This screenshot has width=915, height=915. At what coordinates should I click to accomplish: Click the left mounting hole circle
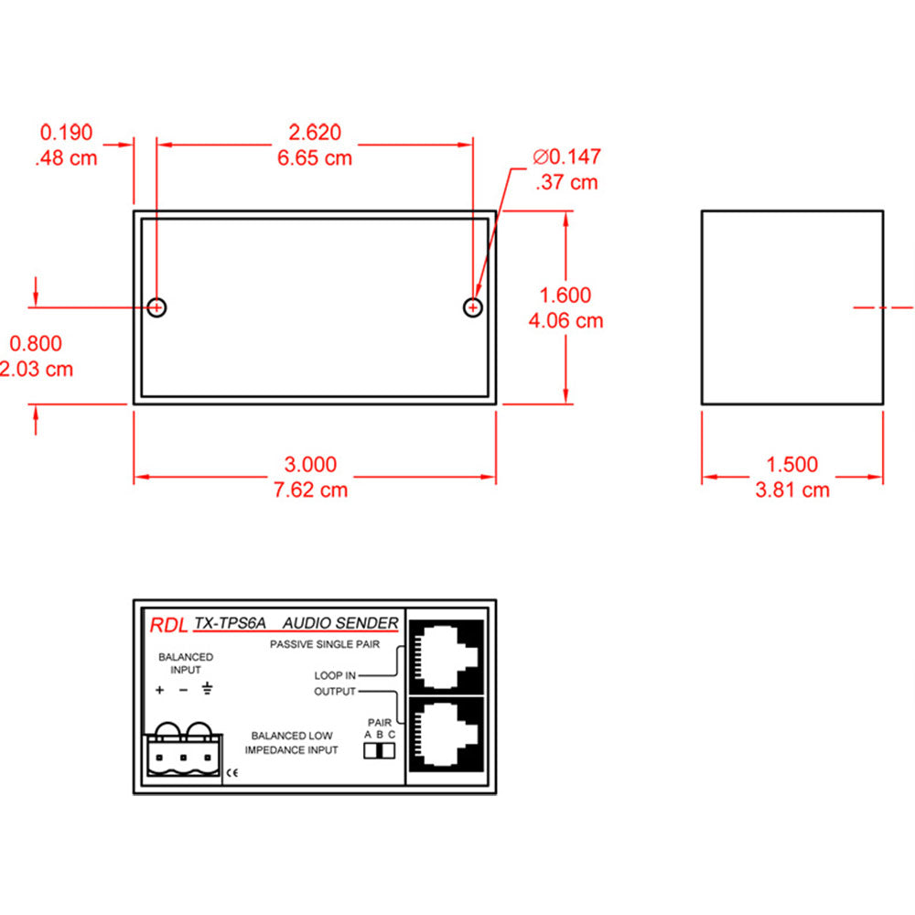[x=157, y=307]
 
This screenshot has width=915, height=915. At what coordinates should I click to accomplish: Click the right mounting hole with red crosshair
[x=472, y=307]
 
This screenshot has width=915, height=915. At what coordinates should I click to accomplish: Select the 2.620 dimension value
[x=314, y=134]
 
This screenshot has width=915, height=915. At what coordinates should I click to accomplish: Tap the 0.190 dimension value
[x=66, y=134]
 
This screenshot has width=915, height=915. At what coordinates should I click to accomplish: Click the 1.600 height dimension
[x=565, y=296]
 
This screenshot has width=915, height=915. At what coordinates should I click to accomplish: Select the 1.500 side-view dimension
[x=792, y=465]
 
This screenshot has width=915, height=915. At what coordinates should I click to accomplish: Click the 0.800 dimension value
[x=36, y=344]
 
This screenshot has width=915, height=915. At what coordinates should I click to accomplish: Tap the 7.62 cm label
[x=311, y=490]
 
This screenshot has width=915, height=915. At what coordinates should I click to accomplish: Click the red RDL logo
[x=167, y=626]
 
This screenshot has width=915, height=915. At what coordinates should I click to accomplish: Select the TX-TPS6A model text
[x=230, y=624]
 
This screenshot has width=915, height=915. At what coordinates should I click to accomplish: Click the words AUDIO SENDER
[x=339, y=624]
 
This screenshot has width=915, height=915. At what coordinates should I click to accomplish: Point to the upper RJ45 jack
[x=447, y=656]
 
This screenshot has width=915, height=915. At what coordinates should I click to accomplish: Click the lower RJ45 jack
[x=447, y=735]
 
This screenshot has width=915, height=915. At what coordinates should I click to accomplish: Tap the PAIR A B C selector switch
[x=379, y=750]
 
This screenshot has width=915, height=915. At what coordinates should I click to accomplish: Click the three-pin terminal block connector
[x=183, y=754]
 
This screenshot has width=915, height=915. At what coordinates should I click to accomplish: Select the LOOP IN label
[x=335, y=676]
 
